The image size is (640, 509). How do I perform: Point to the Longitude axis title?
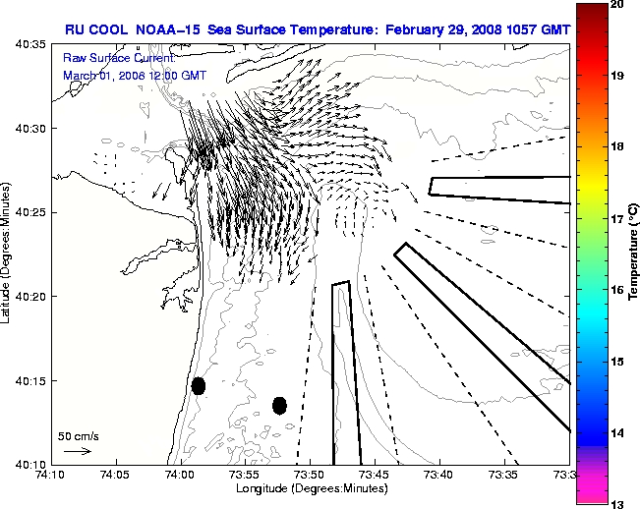click(309, 489)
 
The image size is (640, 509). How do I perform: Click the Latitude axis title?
click(8, 255)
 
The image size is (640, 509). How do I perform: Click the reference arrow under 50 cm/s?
click(77, 451)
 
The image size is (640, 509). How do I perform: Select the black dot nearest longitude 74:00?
click(199, 385)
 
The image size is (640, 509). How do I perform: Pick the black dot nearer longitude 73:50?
click(279, 405)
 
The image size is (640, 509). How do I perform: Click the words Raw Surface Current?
click(105, 59)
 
